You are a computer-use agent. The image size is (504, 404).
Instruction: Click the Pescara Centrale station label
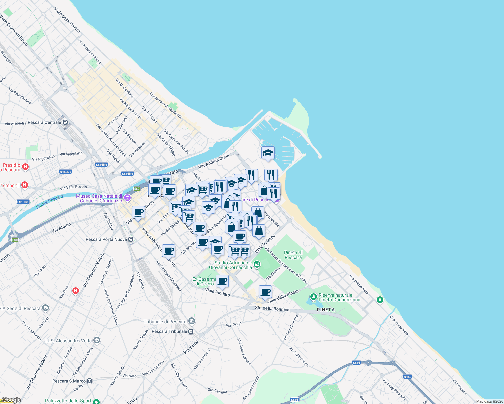(44, 122)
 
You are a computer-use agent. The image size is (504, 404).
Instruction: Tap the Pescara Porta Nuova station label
(106, 239)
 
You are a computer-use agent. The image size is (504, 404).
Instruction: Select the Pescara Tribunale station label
(169, 331)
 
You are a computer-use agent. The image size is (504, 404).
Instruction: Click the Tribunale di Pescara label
(165, 322)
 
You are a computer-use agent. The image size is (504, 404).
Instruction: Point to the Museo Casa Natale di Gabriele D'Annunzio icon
(127, 198)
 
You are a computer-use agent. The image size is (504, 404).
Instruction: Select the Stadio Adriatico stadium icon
(257, 265)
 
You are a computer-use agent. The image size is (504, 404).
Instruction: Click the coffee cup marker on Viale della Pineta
(265, 292)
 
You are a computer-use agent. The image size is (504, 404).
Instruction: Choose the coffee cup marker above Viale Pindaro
(222, 281)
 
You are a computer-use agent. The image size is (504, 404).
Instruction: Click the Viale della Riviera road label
(67, 20)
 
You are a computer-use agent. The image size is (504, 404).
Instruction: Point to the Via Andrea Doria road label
(214, 161)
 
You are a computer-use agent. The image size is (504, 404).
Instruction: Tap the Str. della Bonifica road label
(272, 308)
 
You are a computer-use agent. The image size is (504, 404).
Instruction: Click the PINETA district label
(326, 310)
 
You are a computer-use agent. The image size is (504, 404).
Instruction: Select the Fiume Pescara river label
(50, 201)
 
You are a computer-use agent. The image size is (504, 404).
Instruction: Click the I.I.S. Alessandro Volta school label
(68, 341)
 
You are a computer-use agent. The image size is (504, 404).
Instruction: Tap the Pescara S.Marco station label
(69, 381)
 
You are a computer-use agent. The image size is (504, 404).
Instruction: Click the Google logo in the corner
(11, 400)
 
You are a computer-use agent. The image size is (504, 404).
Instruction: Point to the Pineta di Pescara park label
(293, 255)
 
